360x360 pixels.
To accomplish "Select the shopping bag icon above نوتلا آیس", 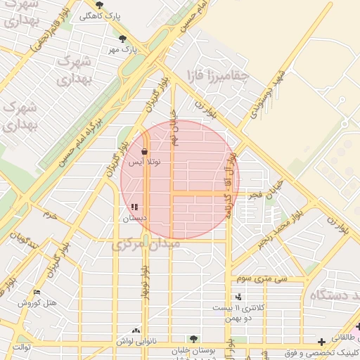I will click(144, 151).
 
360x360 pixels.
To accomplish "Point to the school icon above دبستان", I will click(134, 207).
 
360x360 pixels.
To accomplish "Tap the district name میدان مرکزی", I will click(146, 244).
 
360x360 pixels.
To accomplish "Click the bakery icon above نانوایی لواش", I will click(136, 330).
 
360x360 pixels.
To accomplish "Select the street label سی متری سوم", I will click(262, 278).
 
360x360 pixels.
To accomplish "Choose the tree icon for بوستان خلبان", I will click(193, 339).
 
